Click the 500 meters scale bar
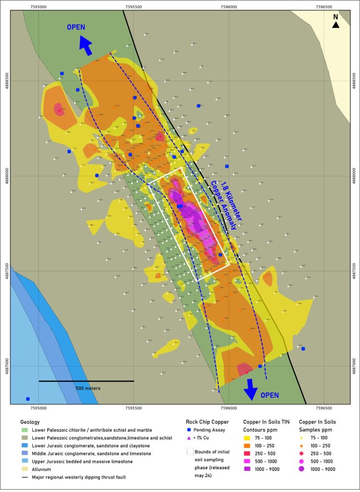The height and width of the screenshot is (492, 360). tap(86, 381)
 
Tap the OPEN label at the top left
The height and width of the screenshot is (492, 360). tap(76, 27)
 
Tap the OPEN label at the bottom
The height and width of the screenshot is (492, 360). tap(269, 395)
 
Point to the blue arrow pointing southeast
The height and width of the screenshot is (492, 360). tap(250, 389)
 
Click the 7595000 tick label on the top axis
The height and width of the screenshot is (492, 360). tap(38, 7)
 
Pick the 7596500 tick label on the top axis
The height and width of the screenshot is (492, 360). tap(324, 7)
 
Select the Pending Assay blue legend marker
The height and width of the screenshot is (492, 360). tap(189, 430)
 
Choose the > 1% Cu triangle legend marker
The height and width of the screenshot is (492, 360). tap(189, 438)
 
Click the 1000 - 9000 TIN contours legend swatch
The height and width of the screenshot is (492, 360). tap(248, 469)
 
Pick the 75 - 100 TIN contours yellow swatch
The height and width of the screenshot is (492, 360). tap(248, 438)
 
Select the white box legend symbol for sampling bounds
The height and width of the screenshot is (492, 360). tap(190, 451)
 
